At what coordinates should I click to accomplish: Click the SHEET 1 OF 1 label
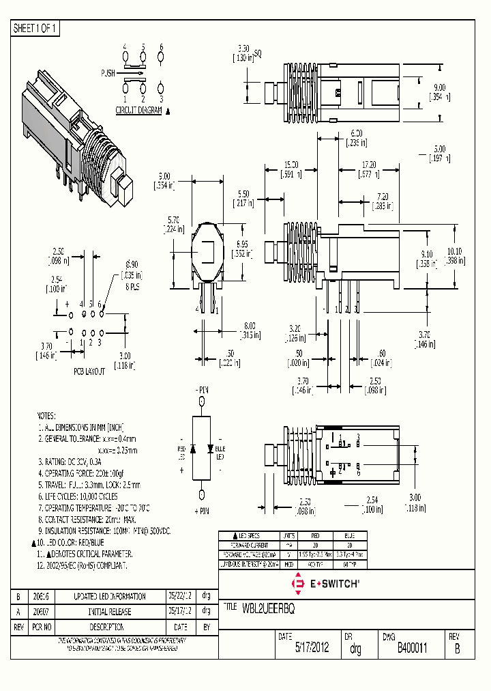(x=35, y=29)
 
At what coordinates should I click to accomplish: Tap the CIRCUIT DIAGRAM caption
(x=138, y=110)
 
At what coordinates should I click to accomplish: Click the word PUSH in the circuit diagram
(x=108, y=72)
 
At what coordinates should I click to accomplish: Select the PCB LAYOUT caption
(x=89, y=371)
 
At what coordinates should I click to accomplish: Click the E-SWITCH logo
(x=325, y=584)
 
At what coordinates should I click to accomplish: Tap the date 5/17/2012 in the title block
(x=312, y=649)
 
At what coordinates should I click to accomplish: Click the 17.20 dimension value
(x=369, y=165)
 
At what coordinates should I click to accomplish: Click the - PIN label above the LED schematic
(x=201, y=389)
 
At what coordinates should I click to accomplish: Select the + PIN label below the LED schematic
(x=201, y=511)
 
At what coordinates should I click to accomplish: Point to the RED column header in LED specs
(x=315, y=536)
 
